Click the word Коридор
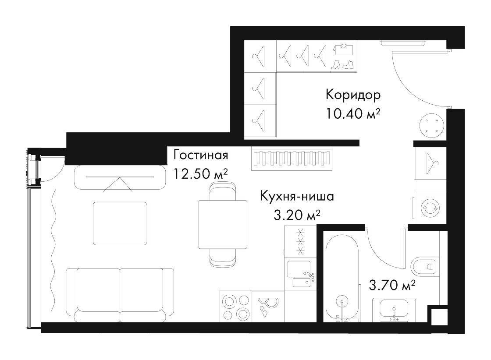(x=353, y=95)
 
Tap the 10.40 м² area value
(x=353, y=113)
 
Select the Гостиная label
(x=201, y=155)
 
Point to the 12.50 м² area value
(x=200, y=173)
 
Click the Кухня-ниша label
(x=297, y=196)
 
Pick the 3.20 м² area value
(x=297, y=215)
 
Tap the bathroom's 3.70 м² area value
(x=392, y=285)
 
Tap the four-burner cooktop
(x=236, y=306)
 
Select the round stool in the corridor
(x=431, y=125)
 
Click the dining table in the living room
(x=223, y=224)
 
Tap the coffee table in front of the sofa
(x=120, y=223)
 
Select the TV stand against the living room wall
(x=120, y=177)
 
